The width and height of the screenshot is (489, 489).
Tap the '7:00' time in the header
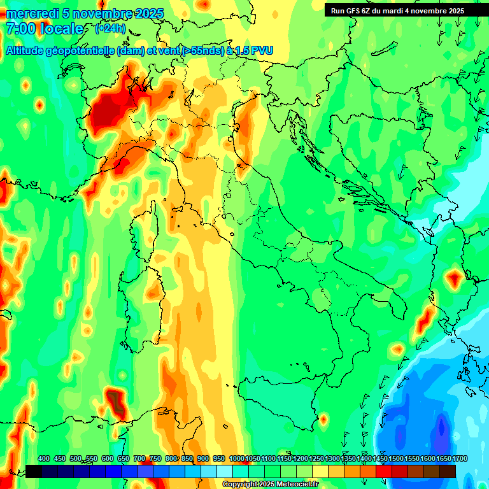18,29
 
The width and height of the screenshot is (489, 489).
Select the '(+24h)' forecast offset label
110,29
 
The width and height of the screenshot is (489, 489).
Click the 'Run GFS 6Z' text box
397,11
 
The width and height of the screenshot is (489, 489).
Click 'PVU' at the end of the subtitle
261,51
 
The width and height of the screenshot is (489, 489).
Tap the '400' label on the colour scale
44,458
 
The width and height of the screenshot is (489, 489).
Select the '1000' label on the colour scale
236,458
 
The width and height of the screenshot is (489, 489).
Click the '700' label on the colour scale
139,458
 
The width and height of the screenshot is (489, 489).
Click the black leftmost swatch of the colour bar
34,471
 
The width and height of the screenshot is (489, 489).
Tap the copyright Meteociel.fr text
270,485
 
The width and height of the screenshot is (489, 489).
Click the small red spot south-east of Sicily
323,420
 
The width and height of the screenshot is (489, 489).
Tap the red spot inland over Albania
454,278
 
